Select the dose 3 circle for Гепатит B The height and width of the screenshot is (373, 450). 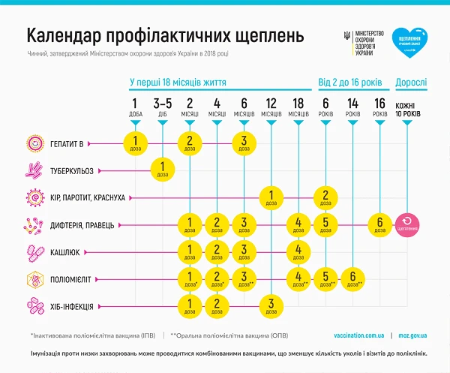[244, 143]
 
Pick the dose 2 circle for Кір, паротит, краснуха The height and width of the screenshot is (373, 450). [325, 198]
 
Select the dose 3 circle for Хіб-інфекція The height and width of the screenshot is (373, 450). [271, 307]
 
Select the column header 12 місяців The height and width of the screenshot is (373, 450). [271, 107]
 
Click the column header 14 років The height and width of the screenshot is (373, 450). [352, 107]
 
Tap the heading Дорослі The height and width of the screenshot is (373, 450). [408, 83]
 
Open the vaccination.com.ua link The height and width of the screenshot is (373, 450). [360, 335]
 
